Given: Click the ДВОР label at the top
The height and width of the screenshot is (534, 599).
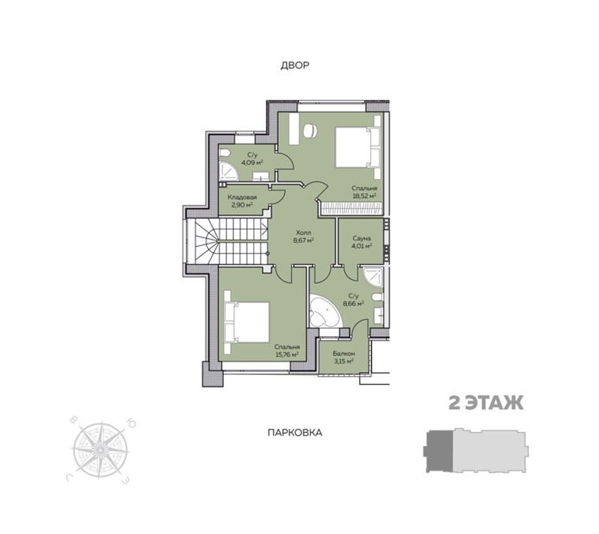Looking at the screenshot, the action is [x=295, y=65].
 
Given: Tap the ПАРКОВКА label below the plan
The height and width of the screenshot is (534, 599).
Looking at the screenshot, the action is [x=295, y=433].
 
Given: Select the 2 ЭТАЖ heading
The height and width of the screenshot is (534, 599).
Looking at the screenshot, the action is [x=486, y=403].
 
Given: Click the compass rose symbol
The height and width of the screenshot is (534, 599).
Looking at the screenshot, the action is [x=100, y=451].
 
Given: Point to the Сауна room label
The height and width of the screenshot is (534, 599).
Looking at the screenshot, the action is [x=362, y=238].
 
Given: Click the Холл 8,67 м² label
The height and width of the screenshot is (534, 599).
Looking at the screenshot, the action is [x=303, y=236].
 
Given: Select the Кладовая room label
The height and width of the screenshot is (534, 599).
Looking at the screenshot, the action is [x=242, y=198].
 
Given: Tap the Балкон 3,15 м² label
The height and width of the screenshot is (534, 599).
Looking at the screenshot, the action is [x=343, y=357].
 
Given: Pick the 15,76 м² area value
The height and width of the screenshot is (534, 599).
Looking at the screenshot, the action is [x=287, y=354].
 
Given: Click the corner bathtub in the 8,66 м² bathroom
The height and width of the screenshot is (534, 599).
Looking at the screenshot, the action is [x=325, y=311].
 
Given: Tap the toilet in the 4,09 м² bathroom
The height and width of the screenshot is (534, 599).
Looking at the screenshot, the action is [x=225, y=153].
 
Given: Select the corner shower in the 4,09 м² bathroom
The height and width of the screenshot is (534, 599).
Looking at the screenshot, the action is [x=229, y=170].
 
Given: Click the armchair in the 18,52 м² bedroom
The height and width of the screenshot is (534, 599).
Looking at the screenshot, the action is [x=310, y=131].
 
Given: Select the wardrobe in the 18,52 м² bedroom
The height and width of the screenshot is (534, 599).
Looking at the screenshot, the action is [x=352, y=209].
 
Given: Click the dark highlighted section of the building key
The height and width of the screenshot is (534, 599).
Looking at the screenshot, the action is [x=440, y=451].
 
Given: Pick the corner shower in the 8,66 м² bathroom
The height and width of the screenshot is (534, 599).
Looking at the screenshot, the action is [x=373, y=277].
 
